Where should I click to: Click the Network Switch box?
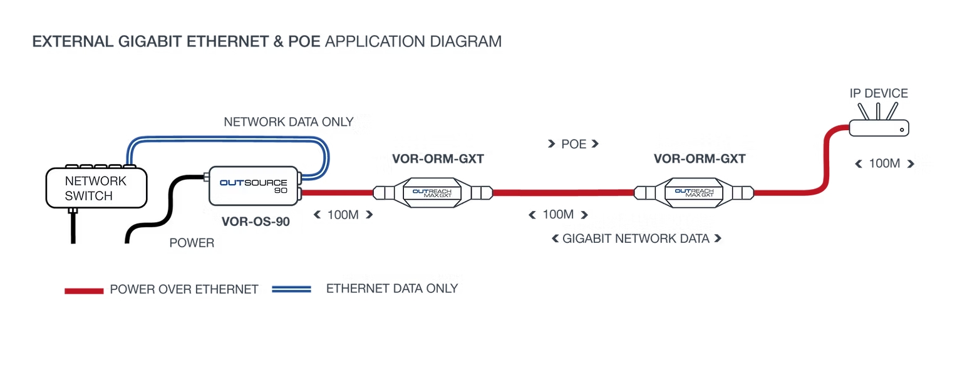(96, 188)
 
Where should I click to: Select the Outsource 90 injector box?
(254, 186)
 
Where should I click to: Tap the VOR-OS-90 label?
(256, 222)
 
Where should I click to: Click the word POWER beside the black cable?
(192, 243)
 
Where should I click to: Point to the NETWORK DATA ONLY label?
(288, 121)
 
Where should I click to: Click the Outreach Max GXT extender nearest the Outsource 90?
(433, 193)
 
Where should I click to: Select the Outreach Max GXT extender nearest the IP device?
(694, 193)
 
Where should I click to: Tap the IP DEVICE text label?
(879, 93)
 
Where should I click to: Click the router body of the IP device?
(879, 128)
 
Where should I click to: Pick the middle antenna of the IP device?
(878, 111)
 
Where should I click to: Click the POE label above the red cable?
(573, 144)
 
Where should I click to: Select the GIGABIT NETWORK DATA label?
(636, 239)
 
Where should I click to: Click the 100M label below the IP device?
(884, 163)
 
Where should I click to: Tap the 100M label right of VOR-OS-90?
(343, 215)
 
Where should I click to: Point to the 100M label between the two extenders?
(558, 215)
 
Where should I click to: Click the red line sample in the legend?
(84, 291)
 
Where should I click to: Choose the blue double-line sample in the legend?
(291, 289)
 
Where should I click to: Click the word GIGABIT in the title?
(150, 41)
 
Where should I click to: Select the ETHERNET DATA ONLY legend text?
(392, 289)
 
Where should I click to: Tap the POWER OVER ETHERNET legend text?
(184, 289)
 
